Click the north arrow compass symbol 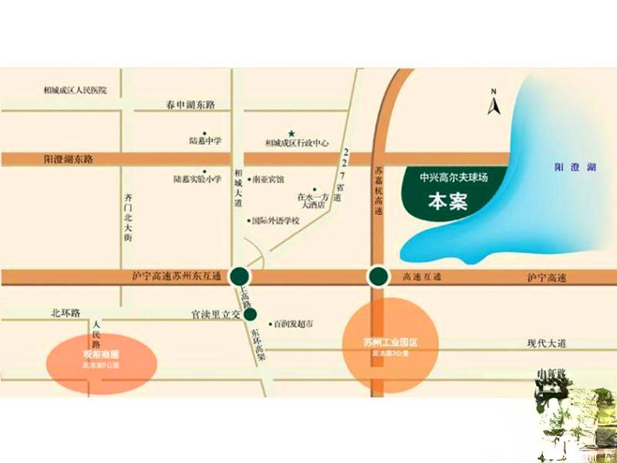pos(494,102)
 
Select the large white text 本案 pos(447,203)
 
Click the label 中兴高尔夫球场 pos(454,177)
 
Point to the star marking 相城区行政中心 pos(291,133)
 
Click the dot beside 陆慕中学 pos(204,133)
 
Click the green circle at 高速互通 pos(377,276)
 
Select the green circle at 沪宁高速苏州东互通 pos(241,275)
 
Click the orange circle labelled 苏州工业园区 pos(389,345)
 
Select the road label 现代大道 pos(547,343)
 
